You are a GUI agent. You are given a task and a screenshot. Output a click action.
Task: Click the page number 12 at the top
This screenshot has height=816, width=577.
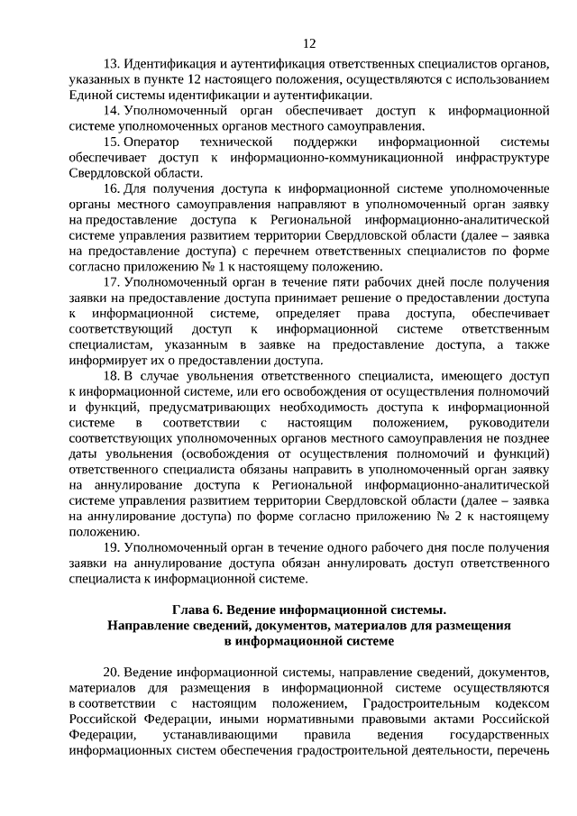point(309,42)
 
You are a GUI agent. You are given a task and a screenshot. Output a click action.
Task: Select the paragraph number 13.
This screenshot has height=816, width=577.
point(112,66)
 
